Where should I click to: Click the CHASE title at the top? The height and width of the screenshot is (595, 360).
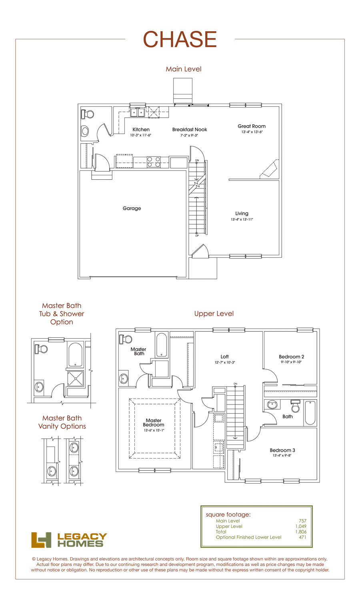pyautogui.click(x=180, y=39)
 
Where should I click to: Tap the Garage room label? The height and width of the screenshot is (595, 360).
pyautogui.click(x=132, y=208)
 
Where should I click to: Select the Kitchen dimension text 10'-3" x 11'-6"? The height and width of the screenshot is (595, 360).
pyautogui.click(x=141, y=135)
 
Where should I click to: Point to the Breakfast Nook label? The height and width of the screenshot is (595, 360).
pyautogui.click(x=190, y=129)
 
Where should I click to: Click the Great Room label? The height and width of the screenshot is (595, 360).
pyautogui.click(x=252, y=126)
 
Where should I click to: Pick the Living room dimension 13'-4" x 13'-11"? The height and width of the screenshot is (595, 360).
pyautogui.click(x=242, y=219)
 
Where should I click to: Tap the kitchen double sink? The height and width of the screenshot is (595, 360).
pyautogui.click(x=137, y=112)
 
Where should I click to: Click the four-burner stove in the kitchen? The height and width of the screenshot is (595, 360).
pyautogui.click(x=154, y=162)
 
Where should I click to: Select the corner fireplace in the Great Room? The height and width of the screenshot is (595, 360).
pyautogui.click(x=270, y=169)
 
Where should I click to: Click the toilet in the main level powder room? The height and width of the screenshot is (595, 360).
pyautogui.click(x=87, y=114)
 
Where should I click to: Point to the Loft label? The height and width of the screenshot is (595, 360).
pyautogui.click(x=225, y=357)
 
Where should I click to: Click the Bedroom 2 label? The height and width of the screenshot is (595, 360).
pyautogui.click(x=291, y=357)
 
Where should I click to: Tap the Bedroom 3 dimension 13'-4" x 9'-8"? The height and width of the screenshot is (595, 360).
pyautogui.click(x=282, y=455)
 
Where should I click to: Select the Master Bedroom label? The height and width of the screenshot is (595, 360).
pyautogui.click(x=154, y=423)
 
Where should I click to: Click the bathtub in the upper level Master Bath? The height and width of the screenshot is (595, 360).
pyautogui.click(x=162, y=345)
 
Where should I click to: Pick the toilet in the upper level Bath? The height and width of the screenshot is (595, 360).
pyautogui.click(x=295, y=406)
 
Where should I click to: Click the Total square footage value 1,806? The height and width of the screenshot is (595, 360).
pyautogui.click(x=301, y=532)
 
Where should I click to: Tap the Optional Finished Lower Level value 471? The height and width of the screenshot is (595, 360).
pyautogui.click(x=302, y=537)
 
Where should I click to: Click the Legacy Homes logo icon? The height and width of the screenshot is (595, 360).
pyautogui.click(x=41, y=540)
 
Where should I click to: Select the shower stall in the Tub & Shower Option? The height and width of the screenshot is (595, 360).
pyautogui.click(x=75, y=379)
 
